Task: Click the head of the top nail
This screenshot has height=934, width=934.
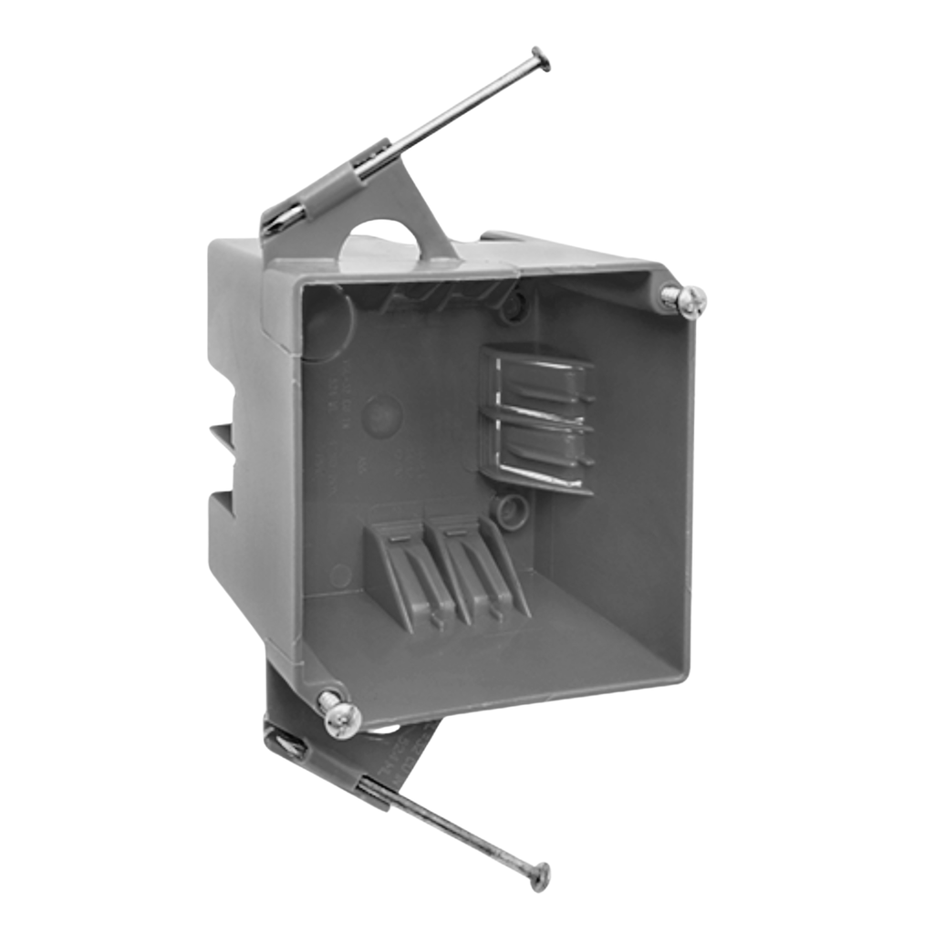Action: (541, 60)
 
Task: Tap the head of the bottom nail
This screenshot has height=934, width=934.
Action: (540, 876)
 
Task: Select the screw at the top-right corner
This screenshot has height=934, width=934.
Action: (686, 301)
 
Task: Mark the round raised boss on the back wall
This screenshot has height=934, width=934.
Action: (381, 416)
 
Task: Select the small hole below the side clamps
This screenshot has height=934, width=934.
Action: (506, 508)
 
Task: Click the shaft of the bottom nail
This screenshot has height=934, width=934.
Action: (465, 830)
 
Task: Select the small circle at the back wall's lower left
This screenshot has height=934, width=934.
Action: (340, 575)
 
